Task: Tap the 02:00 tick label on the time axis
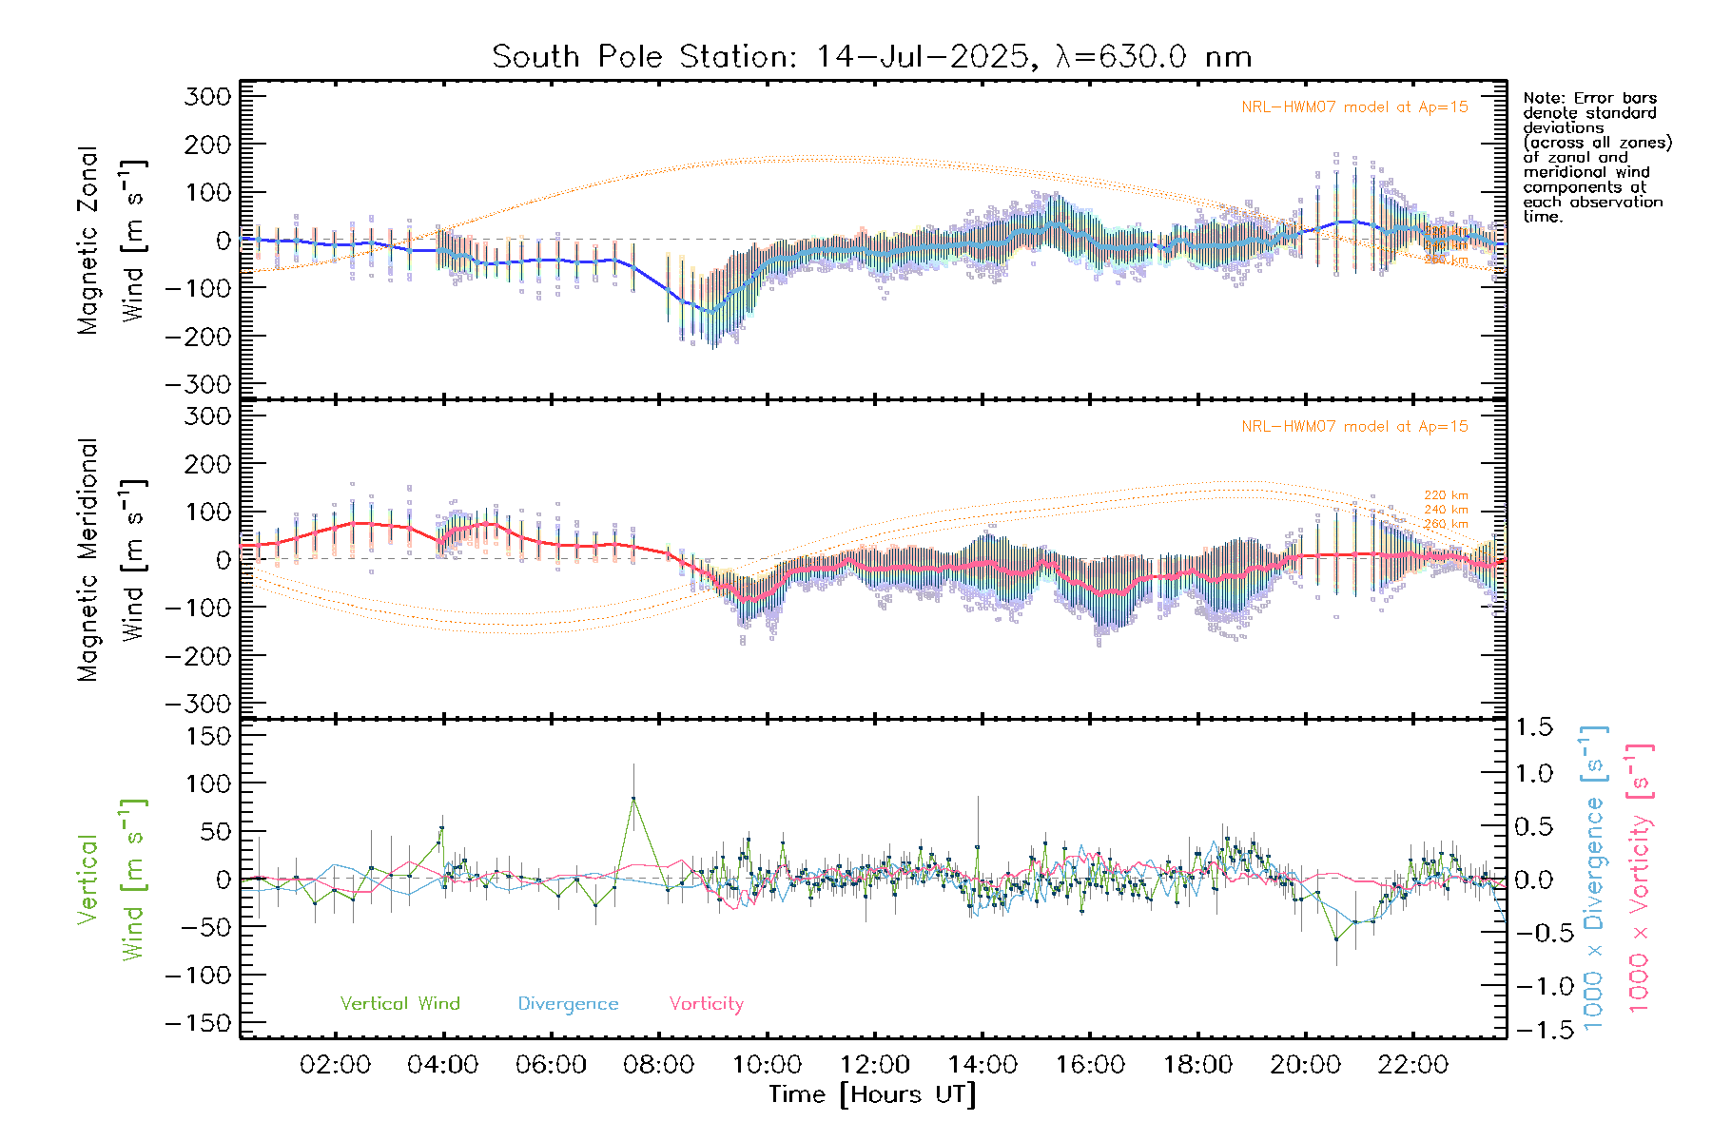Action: (x=335, y=1065)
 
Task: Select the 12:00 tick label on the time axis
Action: (x=874, y=1065)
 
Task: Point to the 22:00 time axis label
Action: (x=1412, y=1065)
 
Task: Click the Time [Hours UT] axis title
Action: (x=872, y=1094)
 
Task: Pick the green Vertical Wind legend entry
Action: (x=399, y=1004)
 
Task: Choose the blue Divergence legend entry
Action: (x=568, y=1004)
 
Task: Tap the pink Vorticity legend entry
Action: (x=706, y=1004)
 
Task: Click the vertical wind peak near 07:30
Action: (x=633, y=799)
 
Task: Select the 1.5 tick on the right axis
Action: (x=1533, y=727)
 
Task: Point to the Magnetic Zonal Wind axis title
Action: (x=111, y=240)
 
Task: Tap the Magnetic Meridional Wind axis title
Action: (x=111, y=559)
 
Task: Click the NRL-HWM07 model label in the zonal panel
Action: (x=1354, y=107)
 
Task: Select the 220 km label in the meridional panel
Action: (x=1446, y=495)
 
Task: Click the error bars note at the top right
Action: (x=1596, y=157)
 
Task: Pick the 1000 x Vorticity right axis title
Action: (x=1639, y=878)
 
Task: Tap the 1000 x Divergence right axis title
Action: (x=1594, y=878)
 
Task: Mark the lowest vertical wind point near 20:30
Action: (x=1336, y=939)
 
